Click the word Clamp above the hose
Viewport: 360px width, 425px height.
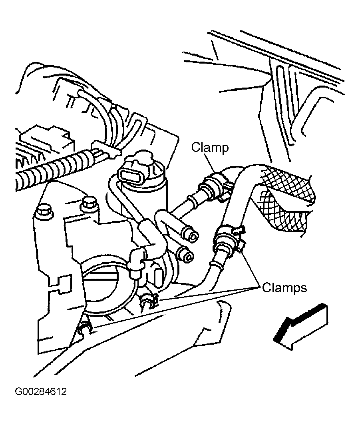pos(210,148)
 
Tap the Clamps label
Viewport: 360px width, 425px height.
pos(284,287)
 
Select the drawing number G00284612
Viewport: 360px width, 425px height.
pos(41,391)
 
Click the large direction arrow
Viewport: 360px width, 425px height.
pos(301,327)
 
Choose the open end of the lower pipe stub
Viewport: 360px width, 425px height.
pos(188,256)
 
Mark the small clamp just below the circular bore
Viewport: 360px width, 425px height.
pos(149,302)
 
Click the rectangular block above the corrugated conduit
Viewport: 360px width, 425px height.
pos(46,138)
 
